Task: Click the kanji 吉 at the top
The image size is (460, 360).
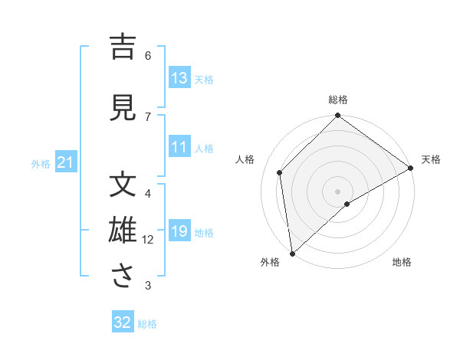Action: click(123, 48)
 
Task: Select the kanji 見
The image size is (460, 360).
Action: click(123, 107)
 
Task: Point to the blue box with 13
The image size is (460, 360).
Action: click(179, 78)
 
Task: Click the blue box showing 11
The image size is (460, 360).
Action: click(179, 148)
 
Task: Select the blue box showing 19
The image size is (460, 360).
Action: click(179, 232)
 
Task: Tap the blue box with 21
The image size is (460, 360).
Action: click(66, 163)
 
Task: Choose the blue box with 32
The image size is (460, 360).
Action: click(123, 322)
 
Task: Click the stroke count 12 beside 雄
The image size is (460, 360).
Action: click(148, 240)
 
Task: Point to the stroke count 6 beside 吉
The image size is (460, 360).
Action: click(148, 55)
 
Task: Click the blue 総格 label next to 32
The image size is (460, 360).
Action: click(147, 324)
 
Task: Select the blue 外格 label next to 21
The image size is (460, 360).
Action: click(41, 164)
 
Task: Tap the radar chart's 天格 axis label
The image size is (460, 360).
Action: click(431, 159)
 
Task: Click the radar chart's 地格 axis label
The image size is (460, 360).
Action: click(402, 262)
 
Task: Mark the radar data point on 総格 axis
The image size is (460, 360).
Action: click(337, 116)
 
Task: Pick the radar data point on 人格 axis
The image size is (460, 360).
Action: click(280, 172)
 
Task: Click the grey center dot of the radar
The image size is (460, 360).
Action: click(337, 191)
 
